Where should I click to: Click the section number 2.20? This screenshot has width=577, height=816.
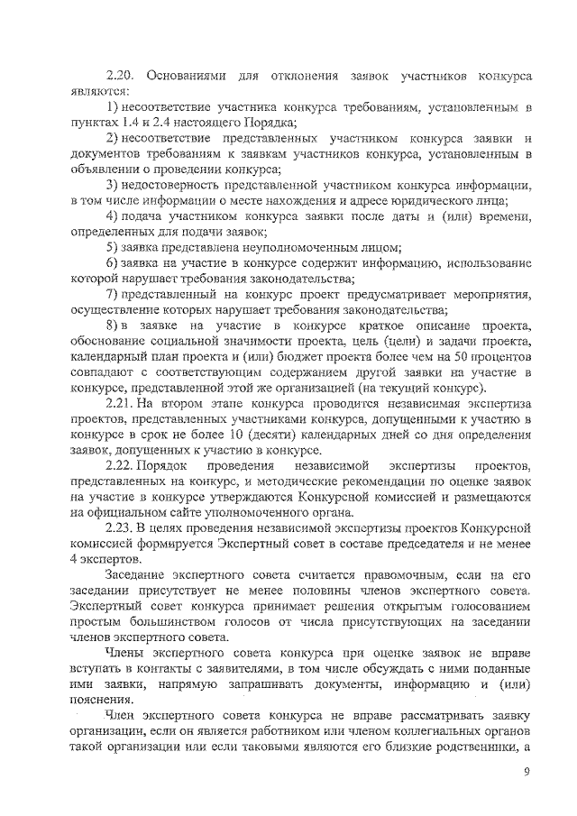coord(120,74)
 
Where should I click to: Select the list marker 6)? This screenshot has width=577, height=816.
coord(113,261)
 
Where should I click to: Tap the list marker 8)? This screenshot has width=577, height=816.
coord(113,325)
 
